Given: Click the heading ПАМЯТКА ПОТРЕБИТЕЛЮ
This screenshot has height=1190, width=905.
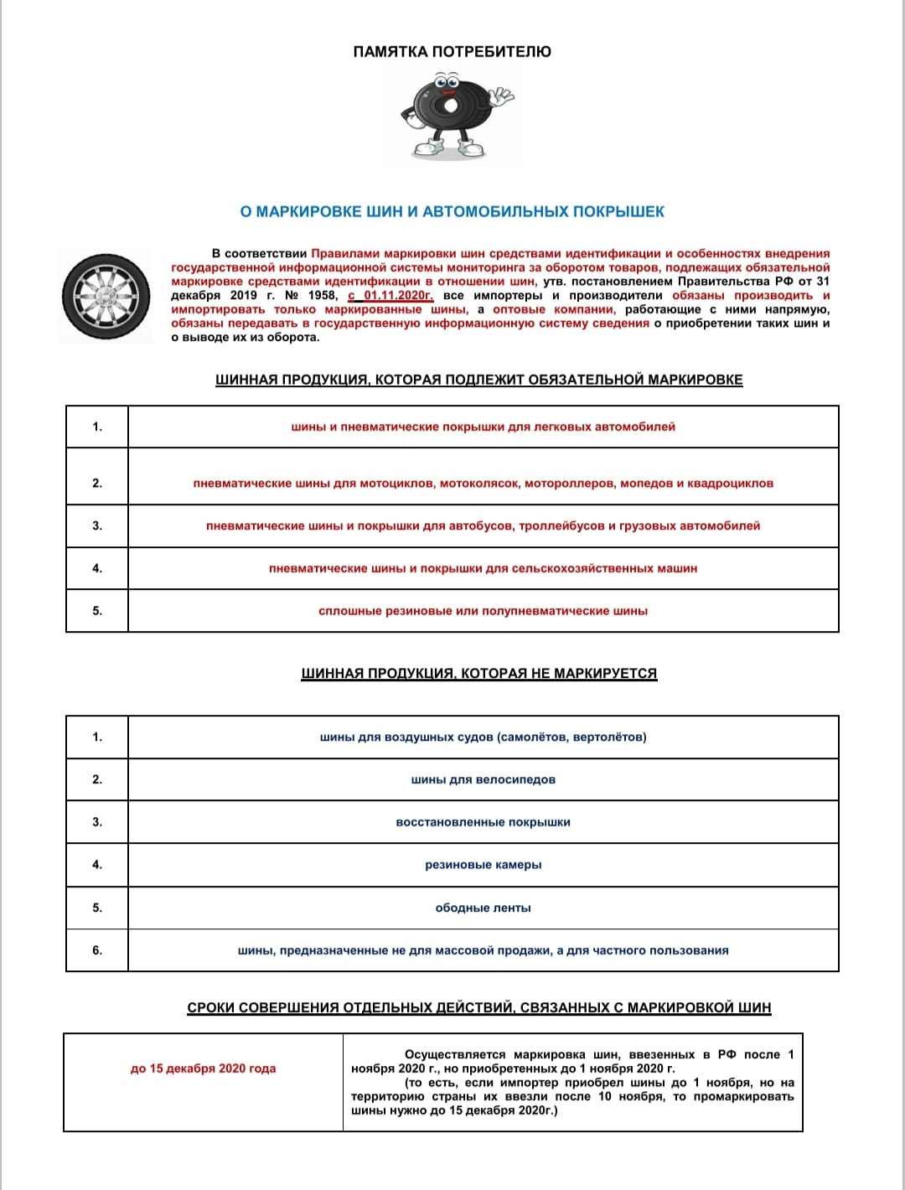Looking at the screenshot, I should (x=452, y=52).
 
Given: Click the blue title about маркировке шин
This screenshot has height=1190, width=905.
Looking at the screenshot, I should (x=452, y=212).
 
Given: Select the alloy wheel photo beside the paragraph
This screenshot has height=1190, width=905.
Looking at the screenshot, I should (x=106, y=295).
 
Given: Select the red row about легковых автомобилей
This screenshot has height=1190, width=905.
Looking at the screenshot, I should (x=483, y=427).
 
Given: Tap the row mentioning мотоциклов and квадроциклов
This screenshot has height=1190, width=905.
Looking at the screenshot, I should (x=483, y=484).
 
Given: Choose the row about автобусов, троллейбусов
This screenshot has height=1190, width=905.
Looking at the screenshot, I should (x=483, y=526).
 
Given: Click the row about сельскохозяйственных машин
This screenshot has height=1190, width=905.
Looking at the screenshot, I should (x=483, y=569).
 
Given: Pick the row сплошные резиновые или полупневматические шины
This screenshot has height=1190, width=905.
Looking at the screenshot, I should (x=483, y=612).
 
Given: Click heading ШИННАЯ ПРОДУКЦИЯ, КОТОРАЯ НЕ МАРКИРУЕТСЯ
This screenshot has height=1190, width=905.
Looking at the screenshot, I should (x=478, y=674).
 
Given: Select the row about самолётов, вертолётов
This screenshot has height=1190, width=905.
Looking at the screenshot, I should (x=483, y=737).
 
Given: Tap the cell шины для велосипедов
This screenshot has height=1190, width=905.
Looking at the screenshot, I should (x=483, y=780).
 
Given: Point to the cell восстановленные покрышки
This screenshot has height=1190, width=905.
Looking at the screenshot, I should (x=483, y=823).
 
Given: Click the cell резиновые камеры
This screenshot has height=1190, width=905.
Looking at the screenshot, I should (x=483, y=865).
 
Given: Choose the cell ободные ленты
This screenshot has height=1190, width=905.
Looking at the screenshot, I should (x=483, y=908).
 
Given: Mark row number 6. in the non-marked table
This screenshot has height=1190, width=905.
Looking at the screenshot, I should (x=97, y=950).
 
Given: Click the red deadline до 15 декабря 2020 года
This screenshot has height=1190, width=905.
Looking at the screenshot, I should (x=203, y=1068).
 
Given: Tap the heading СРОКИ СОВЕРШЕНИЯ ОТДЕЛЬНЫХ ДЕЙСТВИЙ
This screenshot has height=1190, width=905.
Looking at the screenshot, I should (x=478, y=1008).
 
